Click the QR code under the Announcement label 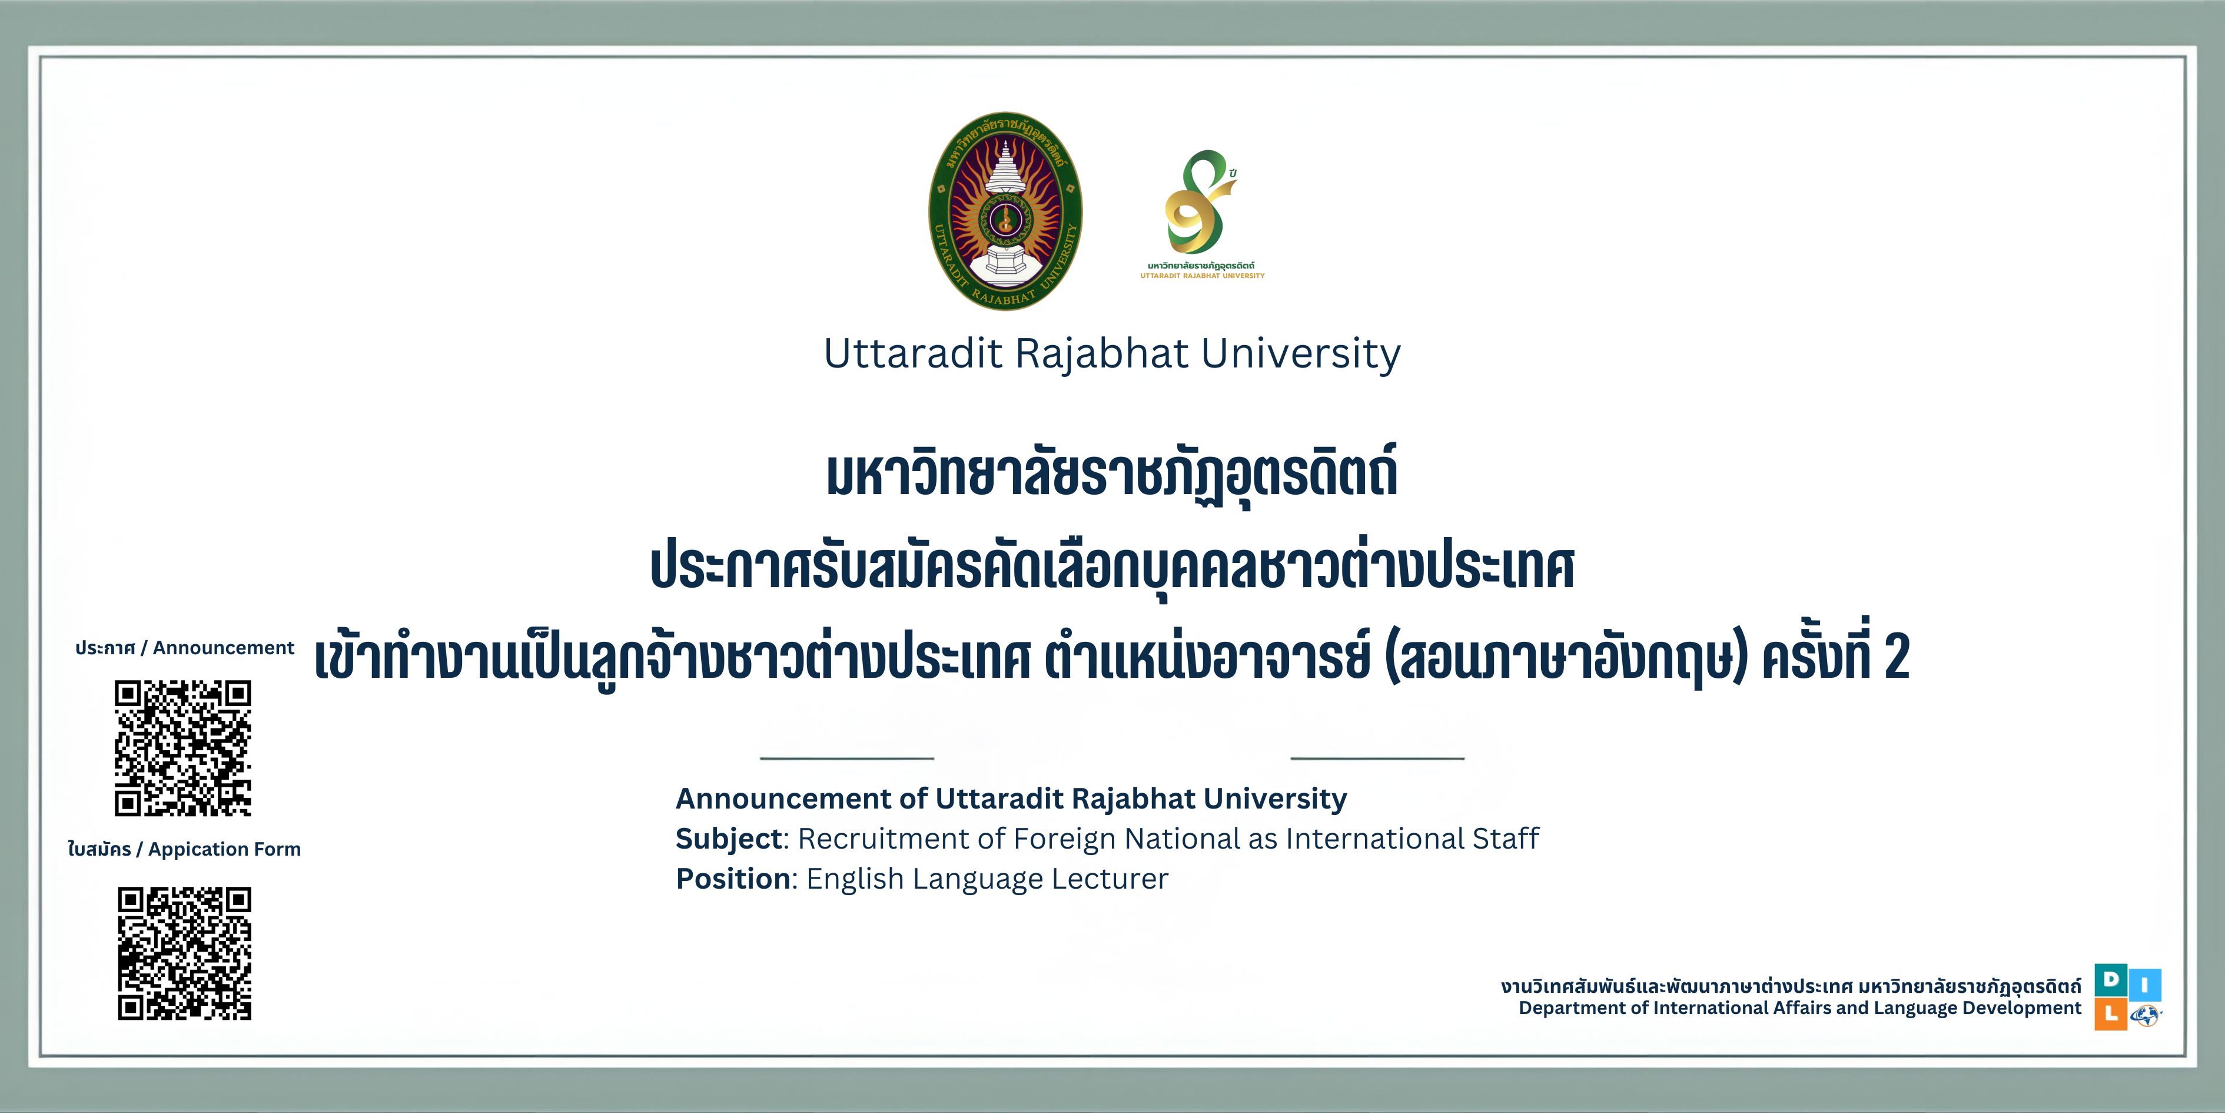[183, 748]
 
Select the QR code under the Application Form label [185, 953]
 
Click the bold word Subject [728, 838]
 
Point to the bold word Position [732, 879]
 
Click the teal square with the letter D [2111, 979]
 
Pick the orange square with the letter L [2111, 1015]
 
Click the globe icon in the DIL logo [2146, 1015]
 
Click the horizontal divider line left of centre [848, 758]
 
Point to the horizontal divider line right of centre [1377, 758]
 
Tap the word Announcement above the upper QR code [224, 648]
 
